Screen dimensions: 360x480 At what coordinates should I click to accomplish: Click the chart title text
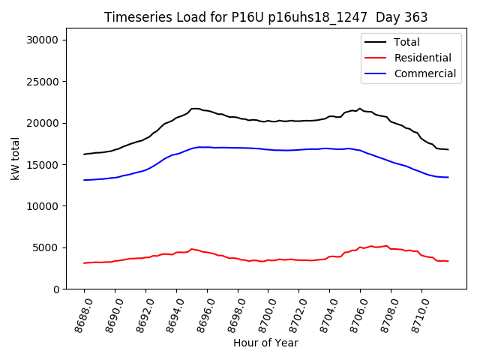(x=265, y=17)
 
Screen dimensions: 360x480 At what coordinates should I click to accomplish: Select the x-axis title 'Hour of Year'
(x=265, y=343)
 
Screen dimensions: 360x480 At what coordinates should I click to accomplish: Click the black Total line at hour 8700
(x=268, y=121)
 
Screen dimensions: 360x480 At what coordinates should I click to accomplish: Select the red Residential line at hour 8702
(x=299, y=260)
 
